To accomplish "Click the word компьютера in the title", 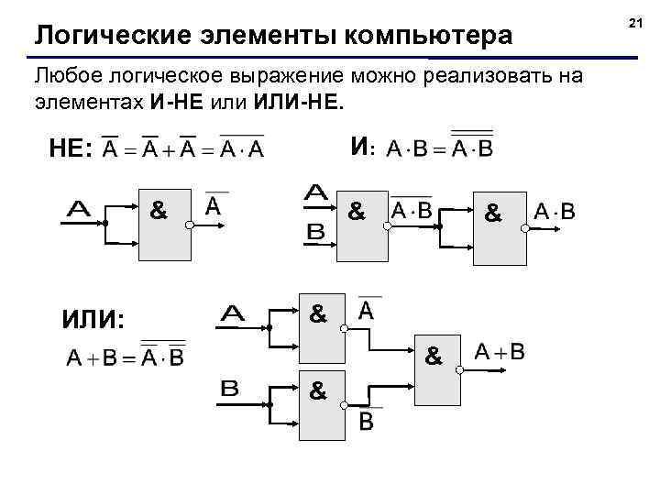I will [x=426, y=37].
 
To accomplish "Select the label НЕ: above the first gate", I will [x=69, y=149].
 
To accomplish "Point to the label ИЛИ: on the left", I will [x=92, y=319].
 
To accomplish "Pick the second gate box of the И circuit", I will [x=500, y=228].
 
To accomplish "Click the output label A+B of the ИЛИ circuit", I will [x=500, y=351].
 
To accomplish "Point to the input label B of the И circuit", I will [x=315, y=233].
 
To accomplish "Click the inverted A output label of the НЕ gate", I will [x=214, y=205].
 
